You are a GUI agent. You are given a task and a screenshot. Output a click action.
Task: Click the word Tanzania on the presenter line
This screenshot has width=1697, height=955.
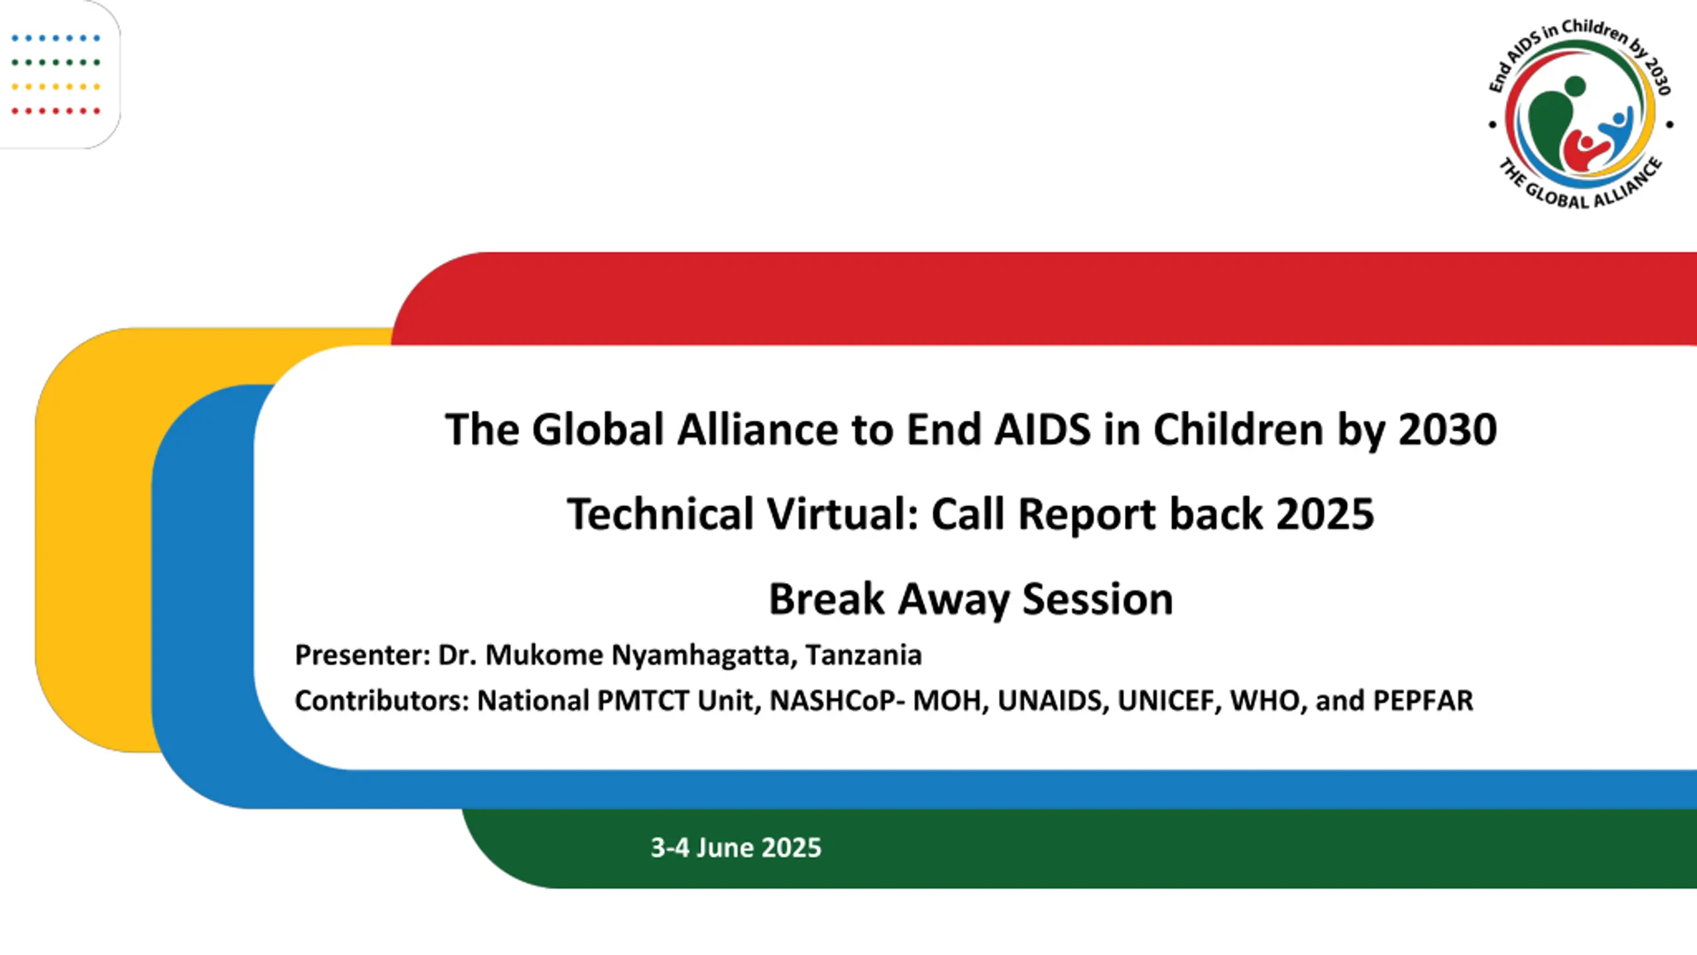[x=864, y=655]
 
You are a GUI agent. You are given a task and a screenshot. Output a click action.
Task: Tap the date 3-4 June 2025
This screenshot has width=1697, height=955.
[x=736, y=848]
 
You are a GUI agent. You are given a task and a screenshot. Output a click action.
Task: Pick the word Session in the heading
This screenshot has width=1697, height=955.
[x=1098, y=599]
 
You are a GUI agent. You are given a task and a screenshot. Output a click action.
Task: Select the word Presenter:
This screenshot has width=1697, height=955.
[x=363, y=655]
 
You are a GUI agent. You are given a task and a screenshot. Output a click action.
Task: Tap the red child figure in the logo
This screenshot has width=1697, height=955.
[x=1584, y=152]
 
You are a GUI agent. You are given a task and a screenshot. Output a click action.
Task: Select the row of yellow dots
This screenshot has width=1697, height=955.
[x=56, y=87]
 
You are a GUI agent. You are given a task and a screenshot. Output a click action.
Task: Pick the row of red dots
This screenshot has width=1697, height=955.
[x=56, y=111]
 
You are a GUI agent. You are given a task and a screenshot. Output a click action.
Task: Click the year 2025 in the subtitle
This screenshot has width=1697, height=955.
[x=1325, y=514]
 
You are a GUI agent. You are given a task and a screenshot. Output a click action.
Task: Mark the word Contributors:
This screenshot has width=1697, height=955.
[x=382, y=701]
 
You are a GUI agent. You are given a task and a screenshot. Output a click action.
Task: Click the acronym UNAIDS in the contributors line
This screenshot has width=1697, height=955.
[x=1053, y=701]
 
